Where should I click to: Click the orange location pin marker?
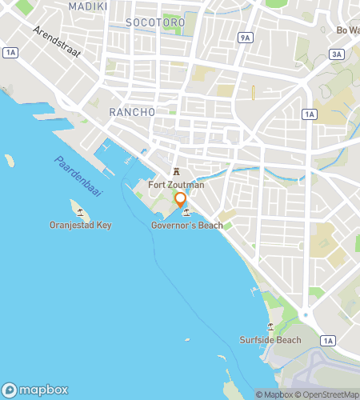pyautogui.click(x=180, y=200)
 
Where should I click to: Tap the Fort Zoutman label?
pyautogui.click(x=176, y=185)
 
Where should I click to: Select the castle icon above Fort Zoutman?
pyautogui.click(x=176, y=172)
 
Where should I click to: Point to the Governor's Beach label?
pyautogui.click(x=186, y=226)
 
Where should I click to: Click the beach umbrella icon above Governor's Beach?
pyautogui.click(x=186, y=213)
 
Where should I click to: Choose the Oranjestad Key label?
pyautogui.click(x=80, y=225)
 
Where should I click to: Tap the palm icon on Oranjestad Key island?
pyautogui.click(x=80, y=213)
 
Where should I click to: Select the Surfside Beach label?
pyautogui.click(x=270, y=340)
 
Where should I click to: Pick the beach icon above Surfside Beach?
pyautogui.click(x=270, y=327)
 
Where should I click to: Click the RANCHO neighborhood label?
pyautogui.click(x=131, y=113)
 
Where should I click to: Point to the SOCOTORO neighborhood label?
pyautogui.click(x=155, y=23)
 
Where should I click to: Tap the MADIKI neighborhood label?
pyautogui.click(x=87, y=6)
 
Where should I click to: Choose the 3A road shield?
pyautogui.click(x=337, y=54)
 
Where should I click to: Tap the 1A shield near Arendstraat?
pyautogui.click(x=10, y=53)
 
